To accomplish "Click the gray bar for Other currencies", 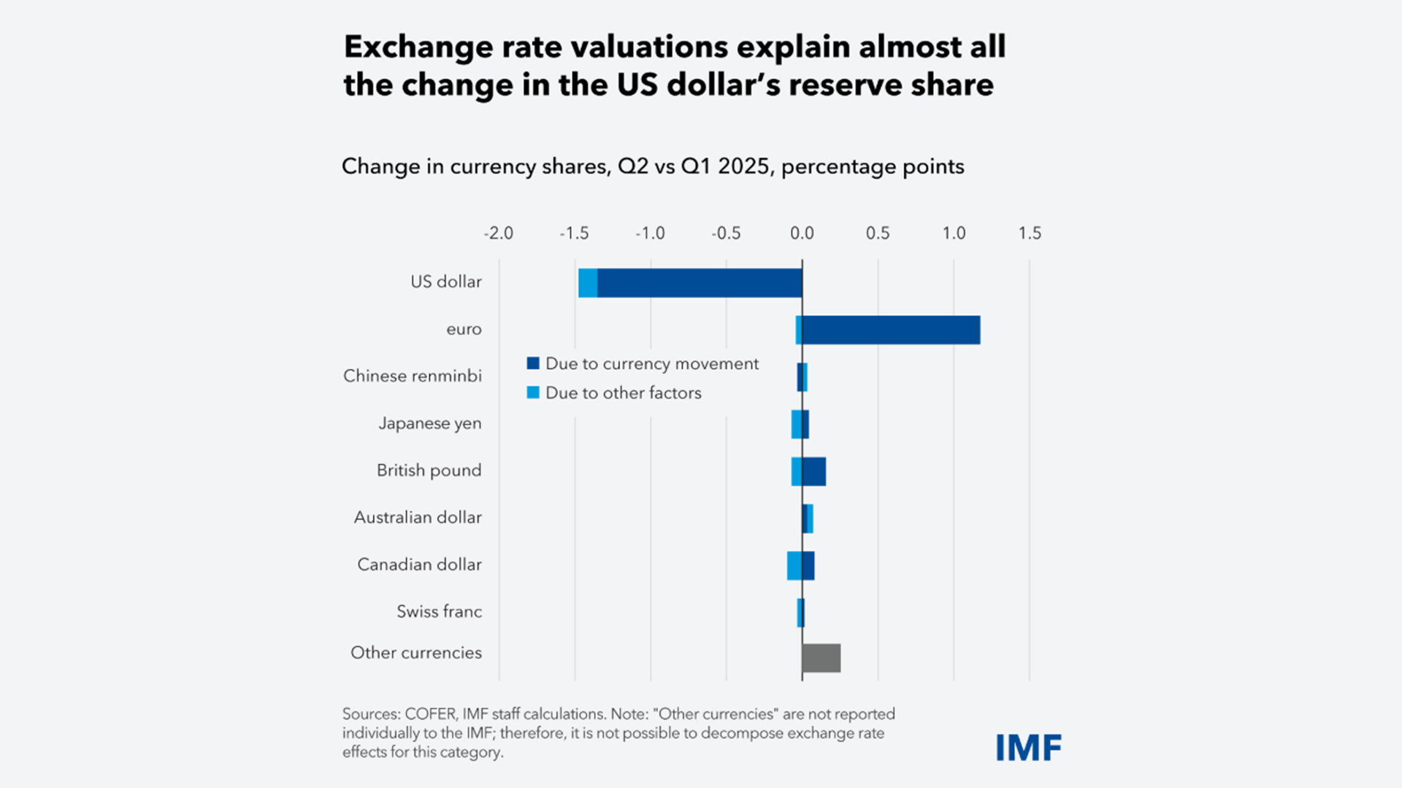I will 821,657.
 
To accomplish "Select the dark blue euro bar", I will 891,330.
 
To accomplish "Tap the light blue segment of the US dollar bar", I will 588,283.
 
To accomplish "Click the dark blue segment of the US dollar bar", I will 700,283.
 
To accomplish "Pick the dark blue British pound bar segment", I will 814,471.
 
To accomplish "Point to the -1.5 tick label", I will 574,233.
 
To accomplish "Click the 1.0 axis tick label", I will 954,233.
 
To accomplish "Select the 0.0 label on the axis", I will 802,233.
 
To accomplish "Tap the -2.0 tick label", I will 498,233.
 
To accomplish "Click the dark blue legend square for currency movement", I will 533,363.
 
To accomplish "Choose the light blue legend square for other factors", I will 533,393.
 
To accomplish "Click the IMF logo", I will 1028,748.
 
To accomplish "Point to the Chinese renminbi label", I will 413,376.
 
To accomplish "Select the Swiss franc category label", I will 439,611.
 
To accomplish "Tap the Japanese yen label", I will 429,423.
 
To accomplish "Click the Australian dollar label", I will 418,517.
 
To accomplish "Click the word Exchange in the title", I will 418,47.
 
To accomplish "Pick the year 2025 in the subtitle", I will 743,166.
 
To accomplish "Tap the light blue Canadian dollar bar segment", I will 794,565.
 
